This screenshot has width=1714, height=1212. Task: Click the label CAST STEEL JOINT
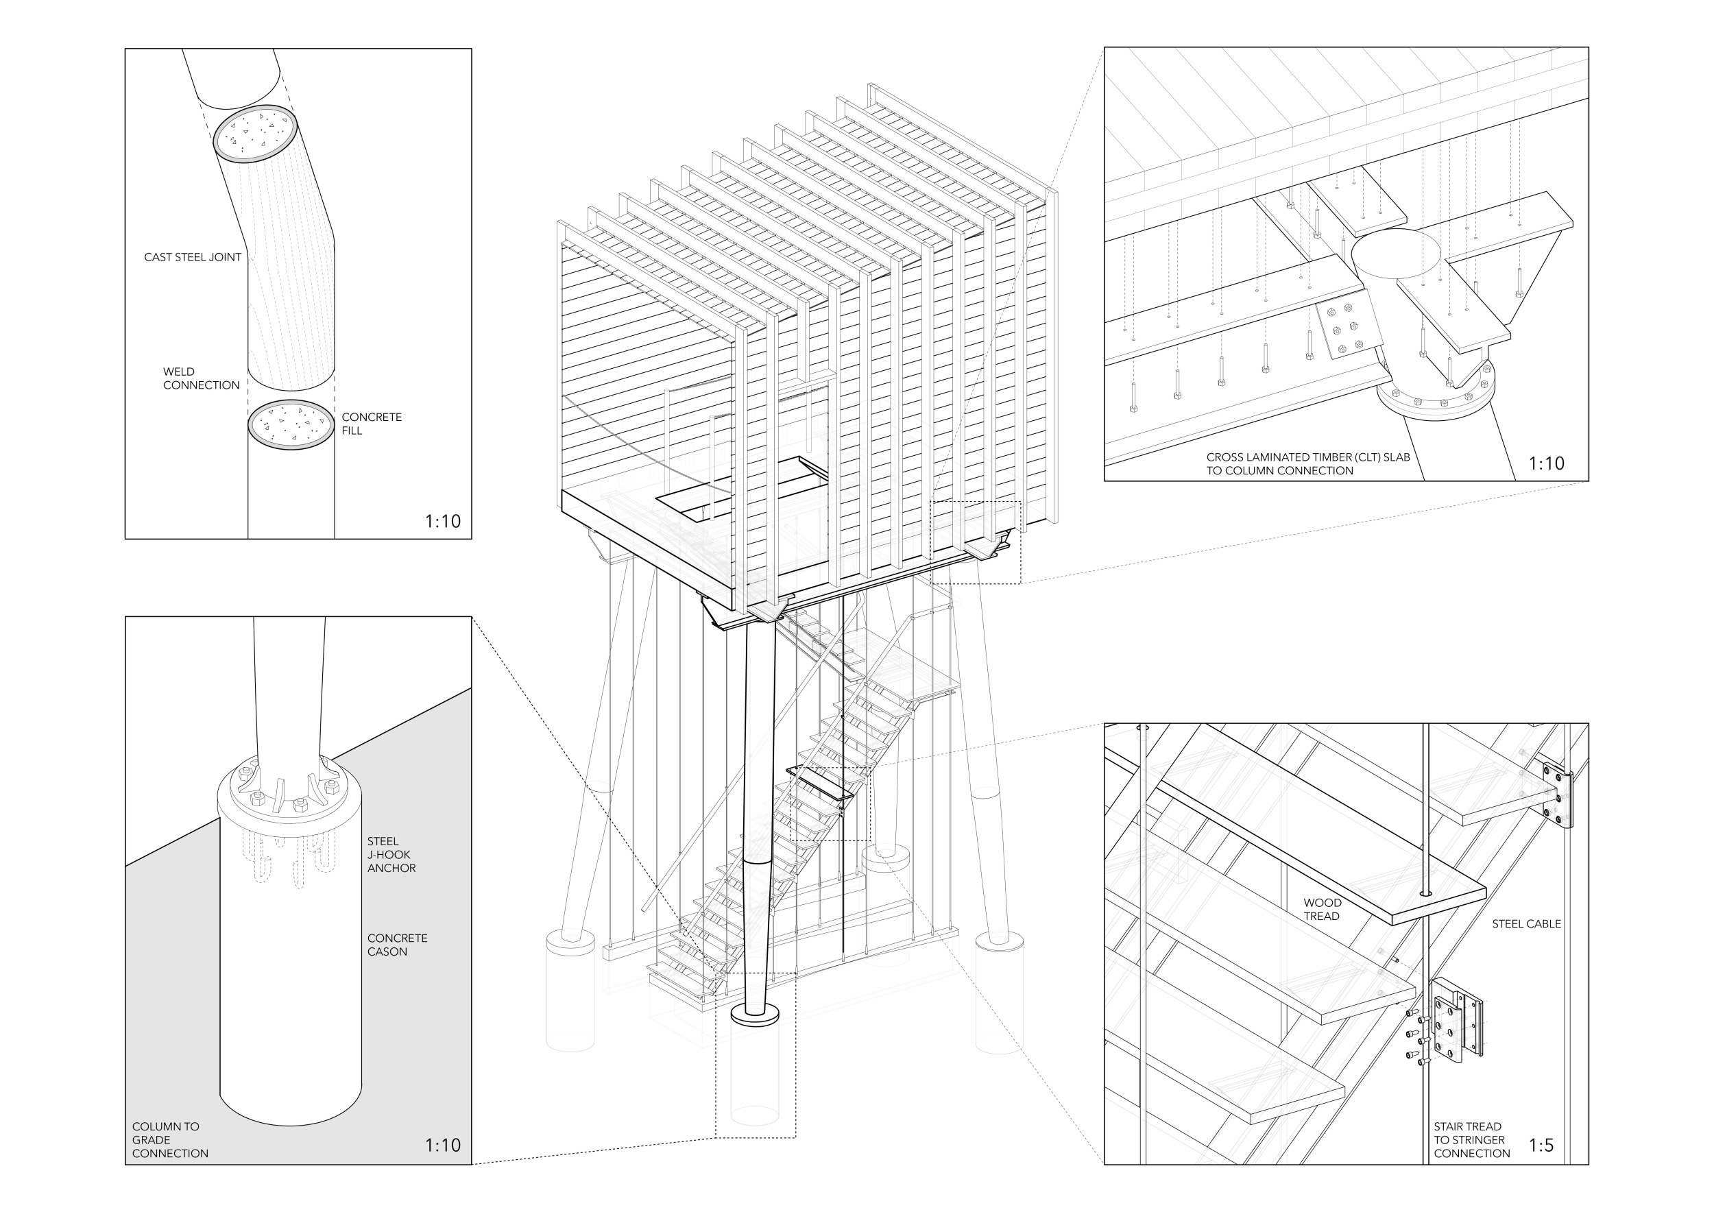click(x=193, y=258)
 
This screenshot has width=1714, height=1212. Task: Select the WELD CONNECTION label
click(x=202, y=378)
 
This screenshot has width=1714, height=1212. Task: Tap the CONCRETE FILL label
click(x=372, y=424)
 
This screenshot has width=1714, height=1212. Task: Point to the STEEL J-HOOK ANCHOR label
click(x=391, y=855)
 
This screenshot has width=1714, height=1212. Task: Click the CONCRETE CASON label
click(x=397, y=945)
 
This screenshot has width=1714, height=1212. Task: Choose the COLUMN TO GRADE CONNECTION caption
click(x=170, y=1139)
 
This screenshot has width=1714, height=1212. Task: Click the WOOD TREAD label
click(x=1322, y=910)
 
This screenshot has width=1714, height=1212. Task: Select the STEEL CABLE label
click(x=1527, y=924)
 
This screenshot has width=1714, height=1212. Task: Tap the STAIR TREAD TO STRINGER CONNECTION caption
click(x=1471, y=1139)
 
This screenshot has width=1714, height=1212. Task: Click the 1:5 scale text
click(x=1541, y=1145)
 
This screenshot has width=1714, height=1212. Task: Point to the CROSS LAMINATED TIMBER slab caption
click(x=1308, y=464)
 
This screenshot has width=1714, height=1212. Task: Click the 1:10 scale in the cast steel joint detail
click(x=443, y=522)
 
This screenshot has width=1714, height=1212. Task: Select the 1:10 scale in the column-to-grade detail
click(x=443, y=1145)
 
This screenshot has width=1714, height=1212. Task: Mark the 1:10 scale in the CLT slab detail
click(x=1546, y=463)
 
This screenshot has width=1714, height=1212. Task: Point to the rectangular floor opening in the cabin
click(x=743, y=488)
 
